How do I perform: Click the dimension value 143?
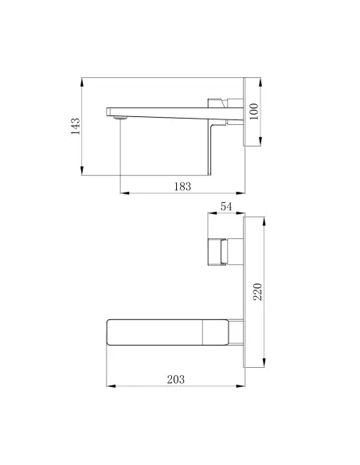point(76,127)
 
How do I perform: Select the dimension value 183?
point(182,186)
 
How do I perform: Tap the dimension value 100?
point(254,111)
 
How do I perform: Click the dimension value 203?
point(177,380)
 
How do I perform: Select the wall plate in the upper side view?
point(242,111)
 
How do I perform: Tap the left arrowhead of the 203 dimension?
point(109,386)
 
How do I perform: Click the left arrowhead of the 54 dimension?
point(208,213)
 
